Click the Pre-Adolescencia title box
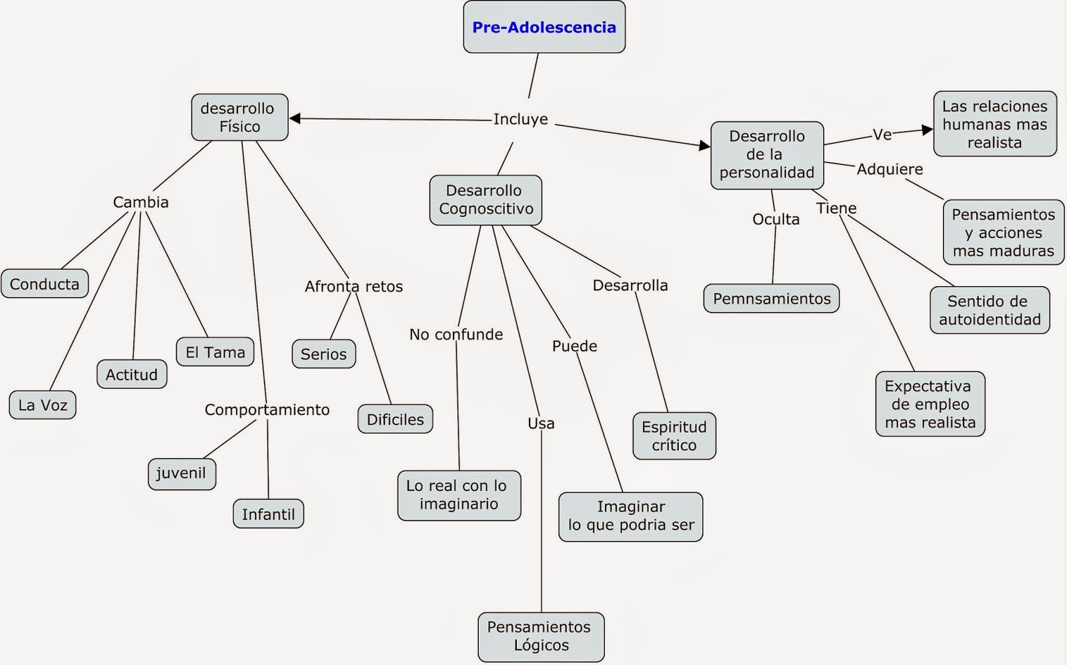544,27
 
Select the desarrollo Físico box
239,117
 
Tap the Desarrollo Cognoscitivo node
485,200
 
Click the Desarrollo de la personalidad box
767,155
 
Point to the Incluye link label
520,119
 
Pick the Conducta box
45,283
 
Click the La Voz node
43,405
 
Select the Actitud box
131,374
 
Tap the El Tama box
215,352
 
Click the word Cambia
141,202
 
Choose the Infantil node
268,514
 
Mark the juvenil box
182,474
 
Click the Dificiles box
395,419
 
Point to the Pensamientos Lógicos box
541,637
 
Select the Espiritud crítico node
674,436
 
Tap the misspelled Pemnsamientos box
771,298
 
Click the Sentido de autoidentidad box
990,309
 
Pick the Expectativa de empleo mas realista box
930,404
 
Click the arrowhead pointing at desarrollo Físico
295,118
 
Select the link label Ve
882,135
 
